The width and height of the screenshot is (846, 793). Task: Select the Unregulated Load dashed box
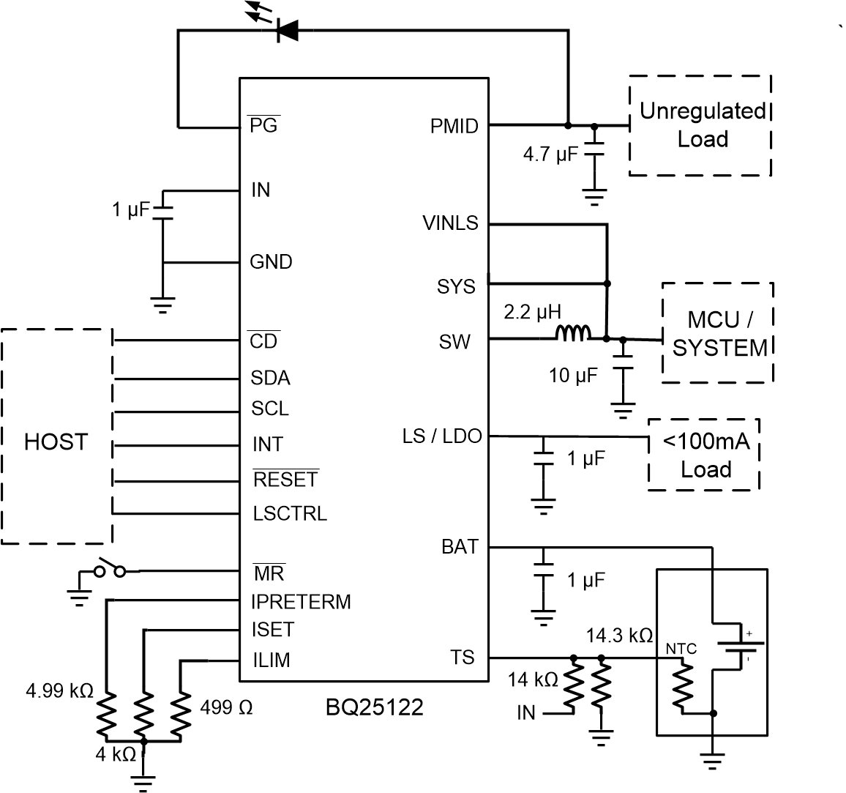700,125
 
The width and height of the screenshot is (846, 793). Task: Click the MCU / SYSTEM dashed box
718,333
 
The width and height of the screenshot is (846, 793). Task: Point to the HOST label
56,442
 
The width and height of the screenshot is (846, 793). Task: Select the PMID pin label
454,126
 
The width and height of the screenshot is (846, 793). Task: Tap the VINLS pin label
450,223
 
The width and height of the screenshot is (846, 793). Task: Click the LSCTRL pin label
290,513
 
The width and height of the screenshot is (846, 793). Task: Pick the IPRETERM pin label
301,602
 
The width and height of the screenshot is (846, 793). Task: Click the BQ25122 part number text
375,709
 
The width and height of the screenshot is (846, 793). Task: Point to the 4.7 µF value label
550,154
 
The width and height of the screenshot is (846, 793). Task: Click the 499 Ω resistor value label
226,708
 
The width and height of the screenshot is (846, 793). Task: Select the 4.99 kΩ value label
59,690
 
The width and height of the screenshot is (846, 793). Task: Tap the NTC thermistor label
681,649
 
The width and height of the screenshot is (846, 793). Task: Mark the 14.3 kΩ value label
619,635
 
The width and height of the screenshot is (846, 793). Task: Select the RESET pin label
285,480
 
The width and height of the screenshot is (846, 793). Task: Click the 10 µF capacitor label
573,376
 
